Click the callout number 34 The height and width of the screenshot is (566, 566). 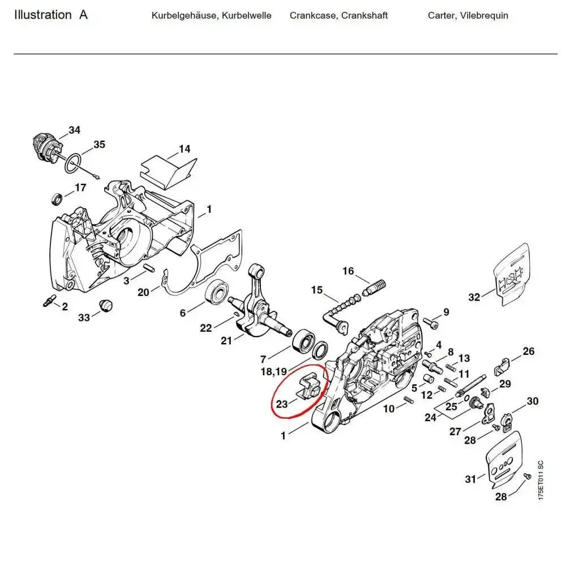pyautogui.click(x=74, y=130)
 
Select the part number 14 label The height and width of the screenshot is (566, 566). pyautogui.click(x=185, y=149)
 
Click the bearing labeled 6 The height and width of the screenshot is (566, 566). pyautogui.click(x=217, y=293)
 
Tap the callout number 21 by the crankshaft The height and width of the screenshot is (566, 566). pyautogui.click(x=226, y=341)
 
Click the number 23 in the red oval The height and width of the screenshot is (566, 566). pyautogui.click(x=282, y=404)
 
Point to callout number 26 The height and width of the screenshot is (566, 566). pyautogui.click(x=528, y=351)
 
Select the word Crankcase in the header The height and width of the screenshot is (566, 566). pyautogui.click(x=314, y=15)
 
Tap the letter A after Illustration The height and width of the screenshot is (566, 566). pyautogui.click(x=83, y=15)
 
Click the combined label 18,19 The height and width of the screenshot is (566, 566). pyautogui.click(x=273, y=371)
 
